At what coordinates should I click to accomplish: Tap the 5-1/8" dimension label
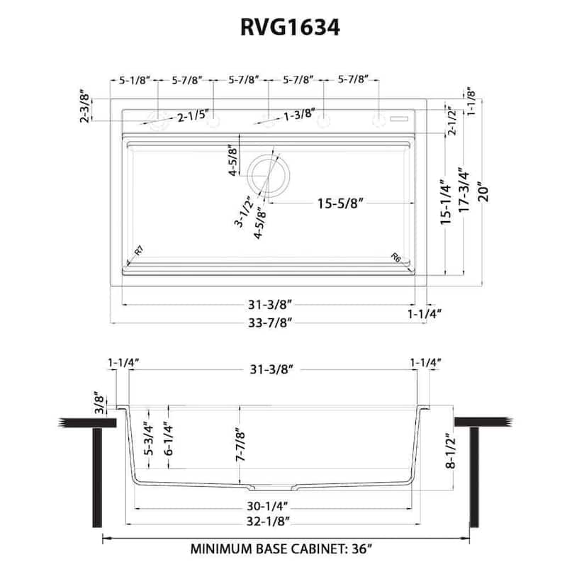(133, 80)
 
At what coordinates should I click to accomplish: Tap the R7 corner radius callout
(139, 250)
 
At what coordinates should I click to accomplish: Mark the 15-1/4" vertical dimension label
(446, 204)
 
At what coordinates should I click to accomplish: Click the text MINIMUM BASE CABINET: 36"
(282, 549)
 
